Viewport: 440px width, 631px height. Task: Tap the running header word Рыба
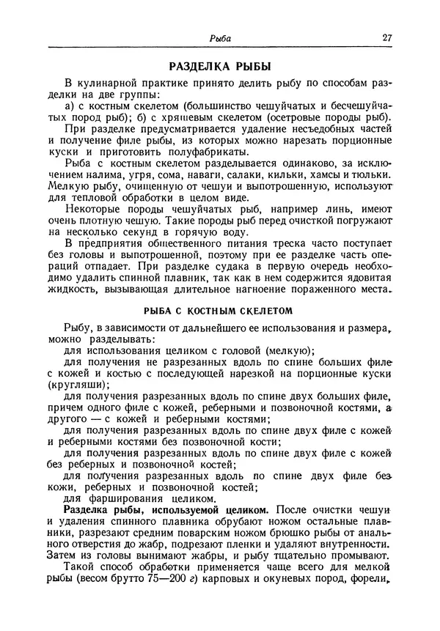click(x=221, y=39)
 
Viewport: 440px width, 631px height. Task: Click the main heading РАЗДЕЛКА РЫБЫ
click(x=221, y=64)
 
